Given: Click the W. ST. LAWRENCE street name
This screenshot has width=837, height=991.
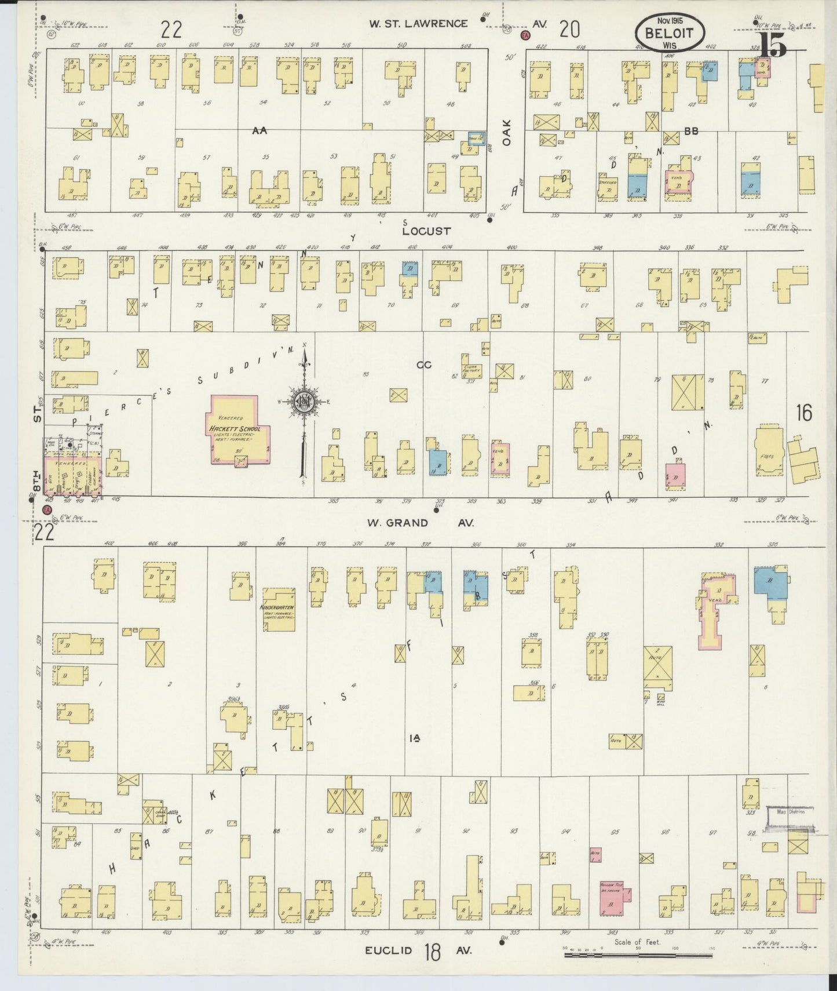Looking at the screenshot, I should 419,24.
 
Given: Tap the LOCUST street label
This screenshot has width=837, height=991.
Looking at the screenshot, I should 427,231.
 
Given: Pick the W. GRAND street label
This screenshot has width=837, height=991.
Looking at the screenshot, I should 397,523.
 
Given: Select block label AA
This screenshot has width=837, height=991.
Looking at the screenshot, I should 259,131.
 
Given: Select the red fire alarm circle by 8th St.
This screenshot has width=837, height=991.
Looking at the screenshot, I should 47,510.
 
